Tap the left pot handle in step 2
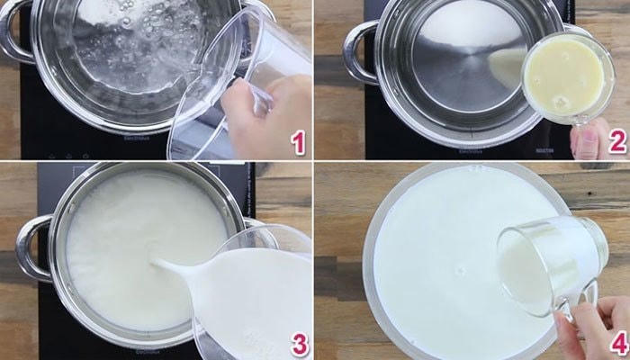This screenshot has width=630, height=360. (358, 49)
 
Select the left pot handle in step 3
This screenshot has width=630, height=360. (33, 247)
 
